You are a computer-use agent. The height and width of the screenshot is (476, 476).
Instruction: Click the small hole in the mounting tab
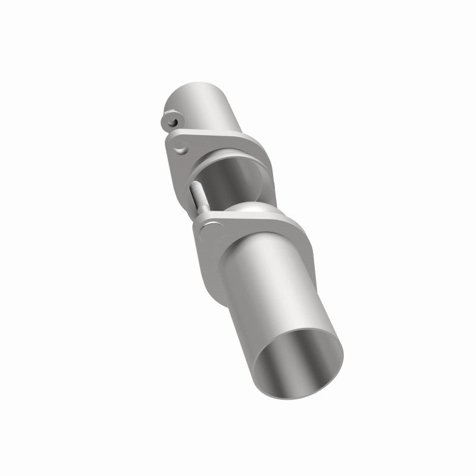(171, 121)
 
